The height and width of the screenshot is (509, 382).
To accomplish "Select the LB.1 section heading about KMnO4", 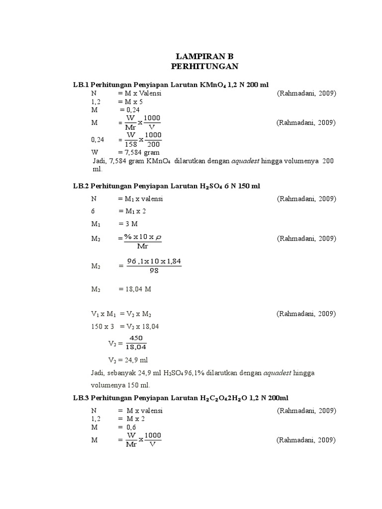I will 171,85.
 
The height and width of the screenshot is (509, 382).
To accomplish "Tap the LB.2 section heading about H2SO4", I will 167,186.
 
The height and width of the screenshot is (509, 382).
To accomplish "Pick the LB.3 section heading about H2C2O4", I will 181,399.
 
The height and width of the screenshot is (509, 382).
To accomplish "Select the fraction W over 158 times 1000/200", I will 144,140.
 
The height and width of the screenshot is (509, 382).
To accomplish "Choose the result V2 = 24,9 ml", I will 128,360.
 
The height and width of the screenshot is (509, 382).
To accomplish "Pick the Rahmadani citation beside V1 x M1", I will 306,314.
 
